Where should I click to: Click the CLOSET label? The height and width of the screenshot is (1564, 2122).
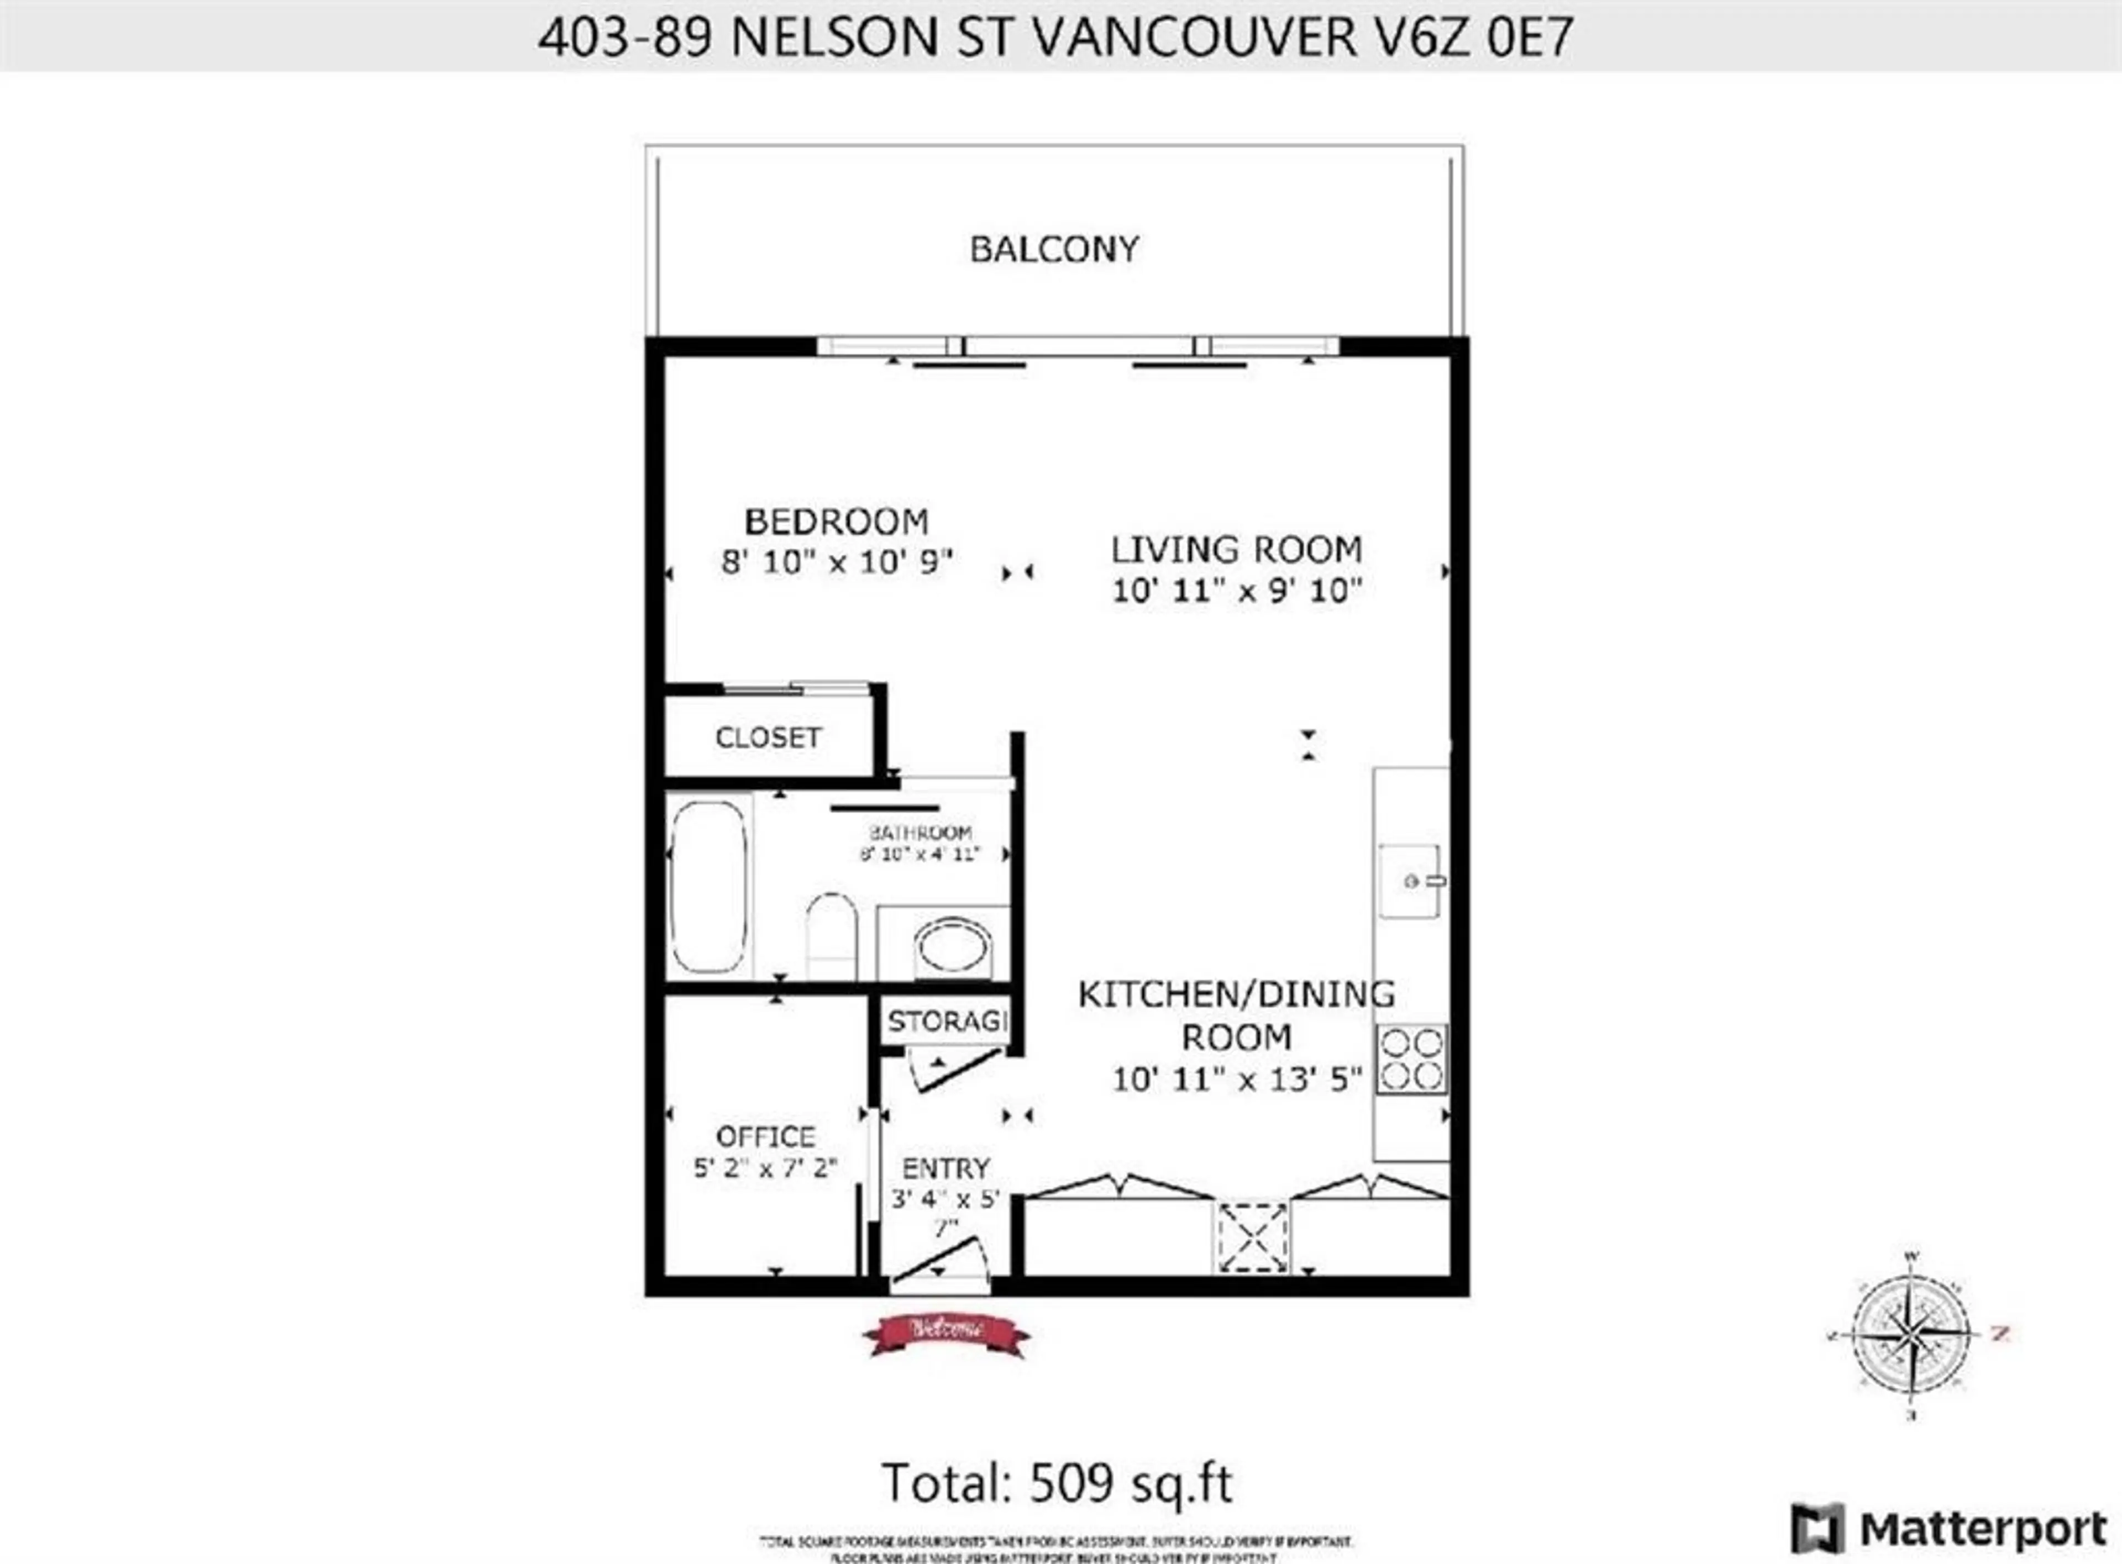(x=768, y=738)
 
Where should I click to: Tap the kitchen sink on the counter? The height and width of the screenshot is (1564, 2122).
(x=1409, y=881)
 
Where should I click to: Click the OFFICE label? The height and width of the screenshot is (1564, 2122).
(x=765, y=1136)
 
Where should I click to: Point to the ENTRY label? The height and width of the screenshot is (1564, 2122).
(x=945, y=1168)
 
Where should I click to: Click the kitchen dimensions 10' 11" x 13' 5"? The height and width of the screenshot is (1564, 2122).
(x=1236, y=1079)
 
